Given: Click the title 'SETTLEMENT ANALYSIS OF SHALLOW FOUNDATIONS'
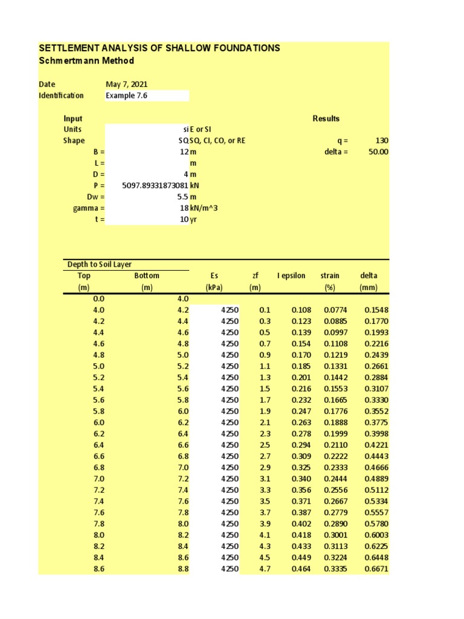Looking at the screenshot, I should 159,48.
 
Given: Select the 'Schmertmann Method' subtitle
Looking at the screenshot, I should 86,61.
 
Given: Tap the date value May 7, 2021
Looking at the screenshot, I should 126,85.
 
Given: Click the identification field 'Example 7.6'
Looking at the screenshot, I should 126,96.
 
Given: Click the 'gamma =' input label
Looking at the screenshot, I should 89,209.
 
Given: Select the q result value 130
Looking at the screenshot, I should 382,141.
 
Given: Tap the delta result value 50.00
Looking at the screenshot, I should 378,152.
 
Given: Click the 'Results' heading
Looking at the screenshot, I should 326,118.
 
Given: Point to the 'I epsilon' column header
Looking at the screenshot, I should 291,276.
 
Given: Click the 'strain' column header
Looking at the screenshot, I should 330,276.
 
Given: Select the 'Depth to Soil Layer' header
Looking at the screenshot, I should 100,265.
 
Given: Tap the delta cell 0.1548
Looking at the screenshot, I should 376,310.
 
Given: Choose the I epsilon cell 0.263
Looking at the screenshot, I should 301,423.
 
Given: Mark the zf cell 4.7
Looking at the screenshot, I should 265,569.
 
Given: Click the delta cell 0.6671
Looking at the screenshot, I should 376,569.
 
